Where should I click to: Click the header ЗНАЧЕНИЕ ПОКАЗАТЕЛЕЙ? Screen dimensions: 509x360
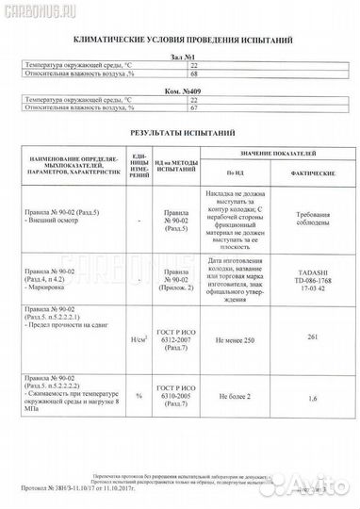click(269, 153)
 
